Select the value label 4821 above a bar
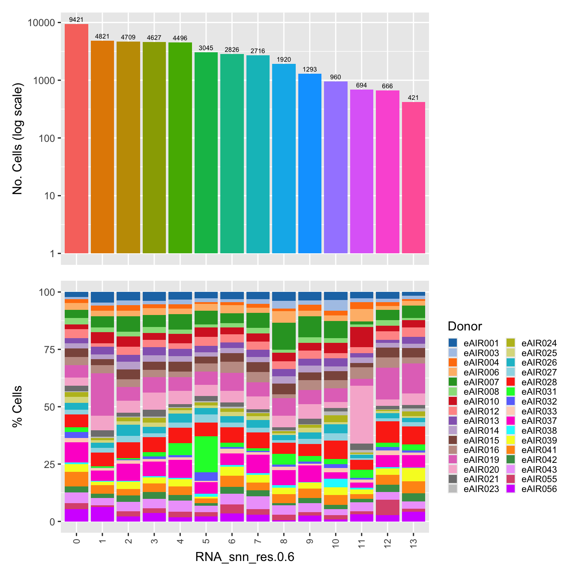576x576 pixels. click(102, 36)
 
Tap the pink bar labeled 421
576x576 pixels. click(413, 177)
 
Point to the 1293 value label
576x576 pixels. click(309, 69)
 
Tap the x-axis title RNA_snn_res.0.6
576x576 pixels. click(244, 557)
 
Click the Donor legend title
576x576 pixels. click(465, 327)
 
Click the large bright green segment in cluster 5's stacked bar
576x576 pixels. click(206, 454)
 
